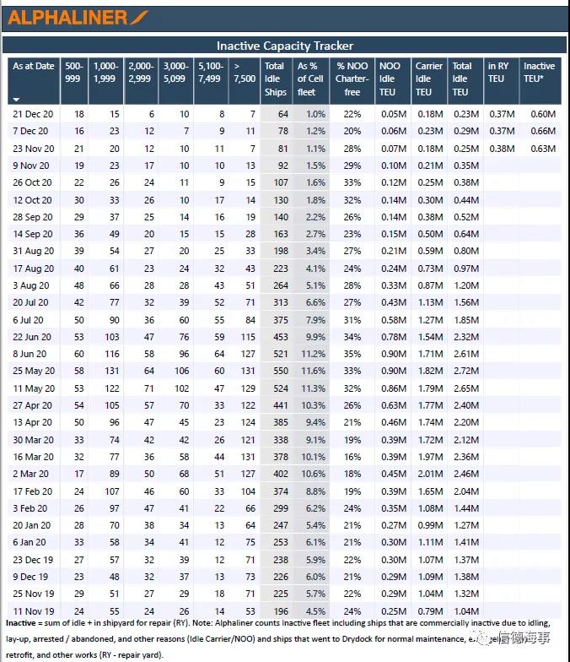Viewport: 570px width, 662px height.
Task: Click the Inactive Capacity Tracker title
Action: click(285, 46)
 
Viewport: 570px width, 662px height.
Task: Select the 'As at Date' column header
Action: click(33, 66)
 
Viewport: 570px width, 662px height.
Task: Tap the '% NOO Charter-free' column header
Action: click(352, 79)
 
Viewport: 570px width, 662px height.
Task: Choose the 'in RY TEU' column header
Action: click(498, 73)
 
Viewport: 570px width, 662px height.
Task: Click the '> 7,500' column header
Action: click(243, 73)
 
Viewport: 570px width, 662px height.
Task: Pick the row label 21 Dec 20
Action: click(32, 114)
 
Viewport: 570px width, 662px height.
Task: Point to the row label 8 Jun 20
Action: click(30, 354)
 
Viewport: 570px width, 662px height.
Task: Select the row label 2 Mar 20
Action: click(30, 474)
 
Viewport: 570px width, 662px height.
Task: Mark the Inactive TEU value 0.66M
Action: click(543, 131)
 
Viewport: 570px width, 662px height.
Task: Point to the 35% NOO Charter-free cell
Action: click(352, 354)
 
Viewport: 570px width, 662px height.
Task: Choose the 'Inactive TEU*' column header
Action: click(539, 73)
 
